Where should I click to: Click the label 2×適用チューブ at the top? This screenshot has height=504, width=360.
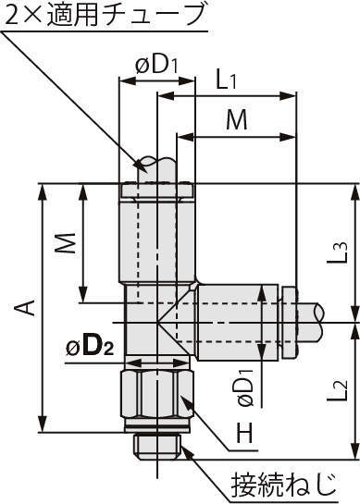105,16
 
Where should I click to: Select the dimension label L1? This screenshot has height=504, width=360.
226,81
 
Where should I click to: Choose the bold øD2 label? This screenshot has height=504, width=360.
90,348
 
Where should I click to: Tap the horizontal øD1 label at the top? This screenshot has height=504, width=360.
156,66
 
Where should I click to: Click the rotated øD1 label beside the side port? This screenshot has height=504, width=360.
245,387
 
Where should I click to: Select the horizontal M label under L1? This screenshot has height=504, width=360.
237,119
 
